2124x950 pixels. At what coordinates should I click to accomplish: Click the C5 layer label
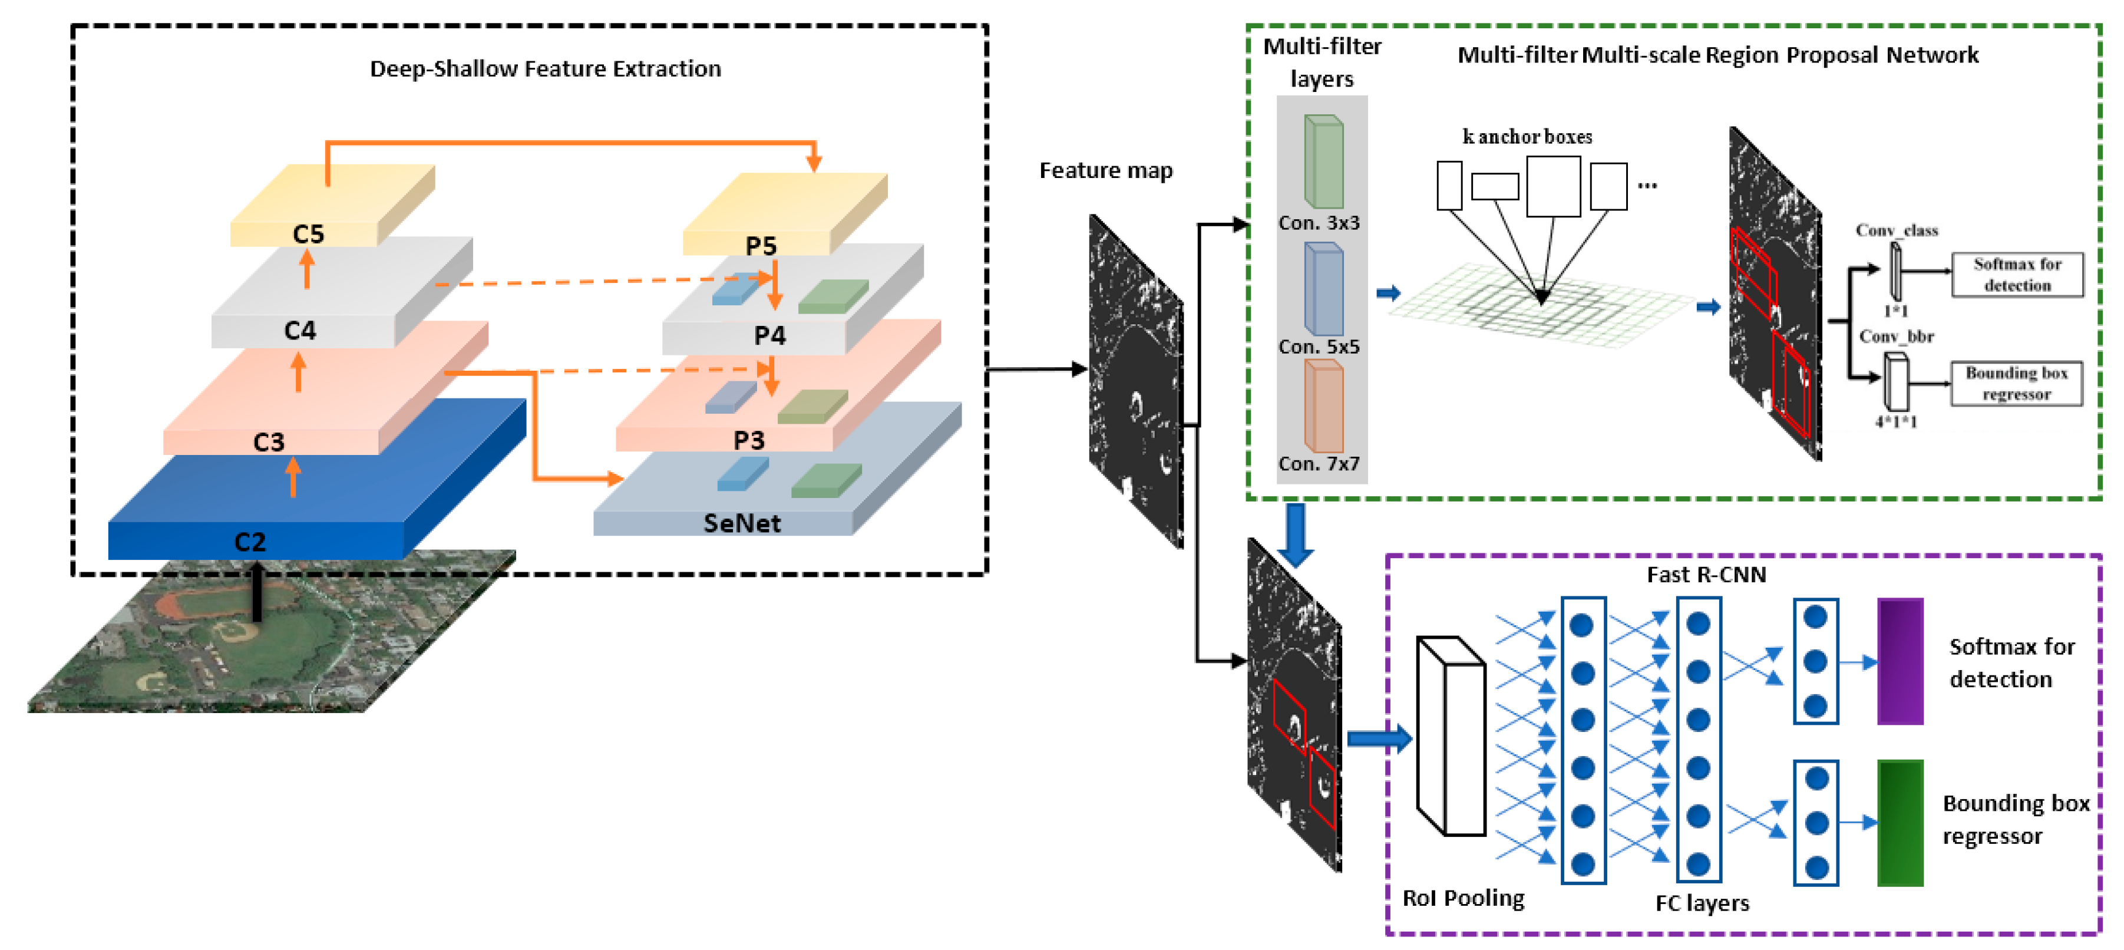point(308,233)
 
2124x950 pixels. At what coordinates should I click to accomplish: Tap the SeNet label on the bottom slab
point(741,523)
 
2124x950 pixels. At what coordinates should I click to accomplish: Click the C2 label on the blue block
point(250,542)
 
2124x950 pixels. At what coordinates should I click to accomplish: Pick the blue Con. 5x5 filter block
point(1323,289)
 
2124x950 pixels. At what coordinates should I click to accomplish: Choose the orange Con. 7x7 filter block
point(1323,407)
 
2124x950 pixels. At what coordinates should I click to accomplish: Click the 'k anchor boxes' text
point(1527,136)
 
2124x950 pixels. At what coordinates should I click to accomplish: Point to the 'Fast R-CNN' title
point(1706,575)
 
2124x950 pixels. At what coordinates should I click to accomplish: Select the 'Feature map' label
point(1106,171)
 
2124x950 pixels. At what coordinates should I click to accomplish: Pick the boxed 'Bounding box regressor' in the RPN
point(2016,384)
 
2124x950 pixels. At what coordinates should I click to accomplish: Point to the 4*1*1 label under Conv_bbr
point(1895,421)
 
